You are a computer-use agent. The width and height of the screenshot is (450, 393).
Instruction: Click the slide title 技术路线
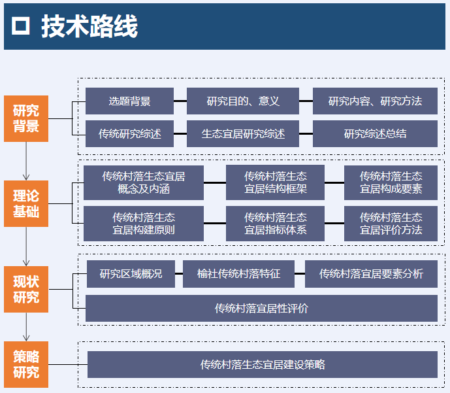pos(89,27)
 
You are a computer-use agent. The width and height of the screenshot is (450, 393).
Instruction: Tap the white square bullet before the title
pos(22,27)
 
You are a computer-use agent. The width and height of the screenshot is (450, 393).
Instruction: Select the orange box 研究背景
pos(26,118)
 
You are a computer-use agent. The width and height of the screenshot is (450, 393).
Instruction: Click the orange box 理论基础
pos(26,203)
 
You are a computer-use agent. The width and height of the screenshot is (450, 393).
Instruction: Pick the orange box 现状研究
pos(26,289)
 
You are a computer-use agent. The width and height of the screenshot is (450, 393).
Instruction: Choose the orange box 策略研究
pos(26,364)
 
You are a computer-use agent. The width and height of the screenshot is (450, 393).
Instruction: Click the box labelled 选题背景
pos(129,101)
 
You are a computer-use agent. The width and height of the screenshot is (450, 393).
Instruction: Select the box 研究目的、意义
pos(243,101)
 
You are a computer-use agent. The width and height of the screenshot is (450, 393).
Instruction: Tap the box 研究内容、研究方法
pos(375,101)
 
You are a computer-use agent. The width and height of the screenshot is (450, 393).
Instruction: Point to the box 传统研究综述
pos(129,134)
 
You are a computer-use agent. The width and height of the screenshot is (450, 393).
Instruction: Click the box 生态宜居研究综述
pos(243,134)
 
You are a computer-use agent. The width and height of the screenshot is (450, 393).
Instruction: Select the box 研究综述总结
pos(375,134)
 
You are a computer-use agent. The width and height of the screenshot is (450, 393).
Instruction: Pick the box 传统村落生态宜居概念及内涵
pos(144,182)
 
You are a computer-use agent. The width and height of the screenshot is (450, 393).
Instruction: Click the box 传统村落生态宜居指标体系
pos(276,224)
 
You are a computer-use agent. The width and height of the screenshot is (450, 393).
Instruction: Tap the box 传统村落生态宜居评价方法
pos(391,224)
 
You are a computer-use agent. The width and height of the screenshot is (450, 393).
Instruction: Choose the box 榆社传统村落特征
pos(238,274)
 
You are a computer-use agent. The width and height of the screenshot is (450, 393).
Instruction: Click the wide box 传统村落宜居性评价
pos(261,308)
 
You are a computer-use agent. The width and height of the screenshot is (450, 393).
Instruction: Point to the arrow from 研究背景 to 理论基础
pos(26,161)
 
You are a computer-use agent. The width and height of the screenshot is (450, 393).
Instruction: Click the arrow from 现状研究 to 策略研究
pos(26,326)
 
